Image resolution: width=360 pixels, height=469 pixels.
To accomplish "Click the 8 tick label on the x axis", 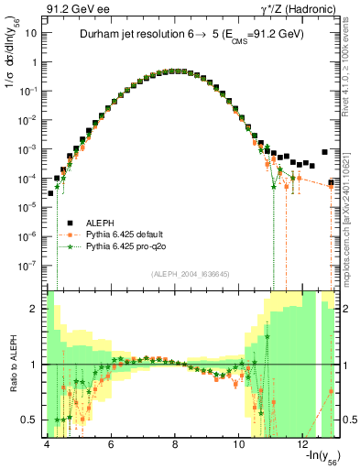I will (175, 444).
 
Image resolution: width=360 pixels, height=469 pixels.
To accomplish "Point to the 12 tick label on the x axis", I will (304, 444).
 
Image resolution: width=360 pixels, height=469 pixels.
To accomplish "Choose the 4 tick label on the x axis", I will (46, 444).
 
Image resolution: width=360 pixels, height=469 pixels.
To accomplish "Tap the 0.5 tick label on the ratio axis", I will (28, 420).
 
